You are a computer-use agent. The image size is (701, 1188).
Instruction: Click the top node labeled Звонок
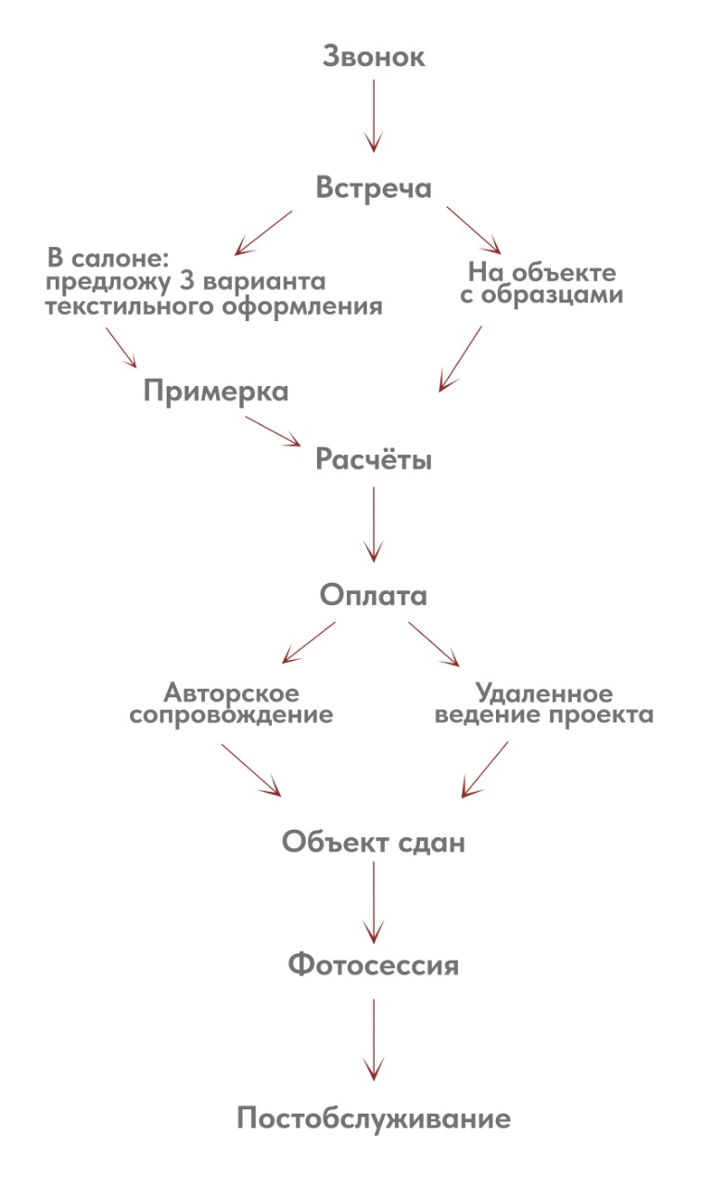point(373,57)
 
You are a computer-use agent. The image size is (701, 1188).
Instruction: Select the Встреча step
point(373,187)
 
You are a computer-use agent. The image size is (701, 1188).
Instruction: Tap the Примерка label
point(215,392)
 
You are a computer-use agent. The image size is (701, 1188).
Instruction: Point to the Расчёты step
point(373,459)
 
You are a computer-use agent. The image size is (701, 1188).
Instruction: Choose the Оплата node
point(373,595)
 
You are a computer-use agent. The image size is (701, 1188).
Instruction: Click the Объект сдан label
point(373,843)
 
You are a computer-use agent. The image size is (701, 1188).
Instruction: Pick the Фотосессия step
point(373,965)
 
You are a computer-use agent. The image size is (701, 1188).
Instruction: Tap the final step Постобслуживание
point(373,1118)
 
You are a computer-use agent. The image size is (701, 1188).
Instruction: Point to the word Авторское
point(231,692)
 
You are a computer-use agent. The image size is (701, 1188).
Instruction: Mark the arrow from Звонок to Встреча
point(373,115)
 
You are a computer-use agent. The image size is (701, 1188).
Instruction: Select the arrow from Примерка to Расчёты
point(274,431)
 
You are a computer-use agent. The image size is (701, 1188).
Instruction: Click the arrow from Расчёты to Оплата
point(373,524)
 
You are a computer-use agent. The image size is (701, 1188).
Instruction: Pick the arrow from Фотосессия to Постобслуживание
point(373,1039)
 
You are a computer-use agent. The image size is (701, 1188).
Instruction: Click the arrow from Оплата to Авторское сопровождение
point(308,642)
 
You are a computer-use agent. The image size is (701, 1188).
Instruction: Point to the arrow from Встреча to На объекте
point(474,230)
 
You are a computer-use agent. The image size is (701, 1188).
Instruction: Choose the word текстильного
point(112,306)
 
